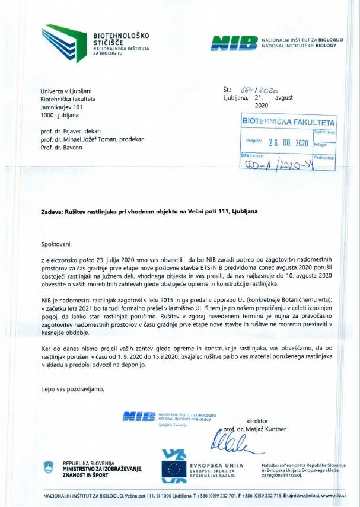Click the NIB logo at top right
(234, 43)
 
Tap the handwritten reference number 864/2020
(258, 88)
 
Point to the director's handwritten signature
(230, 442)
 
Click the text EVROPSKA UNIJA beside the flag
(214, 465)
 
